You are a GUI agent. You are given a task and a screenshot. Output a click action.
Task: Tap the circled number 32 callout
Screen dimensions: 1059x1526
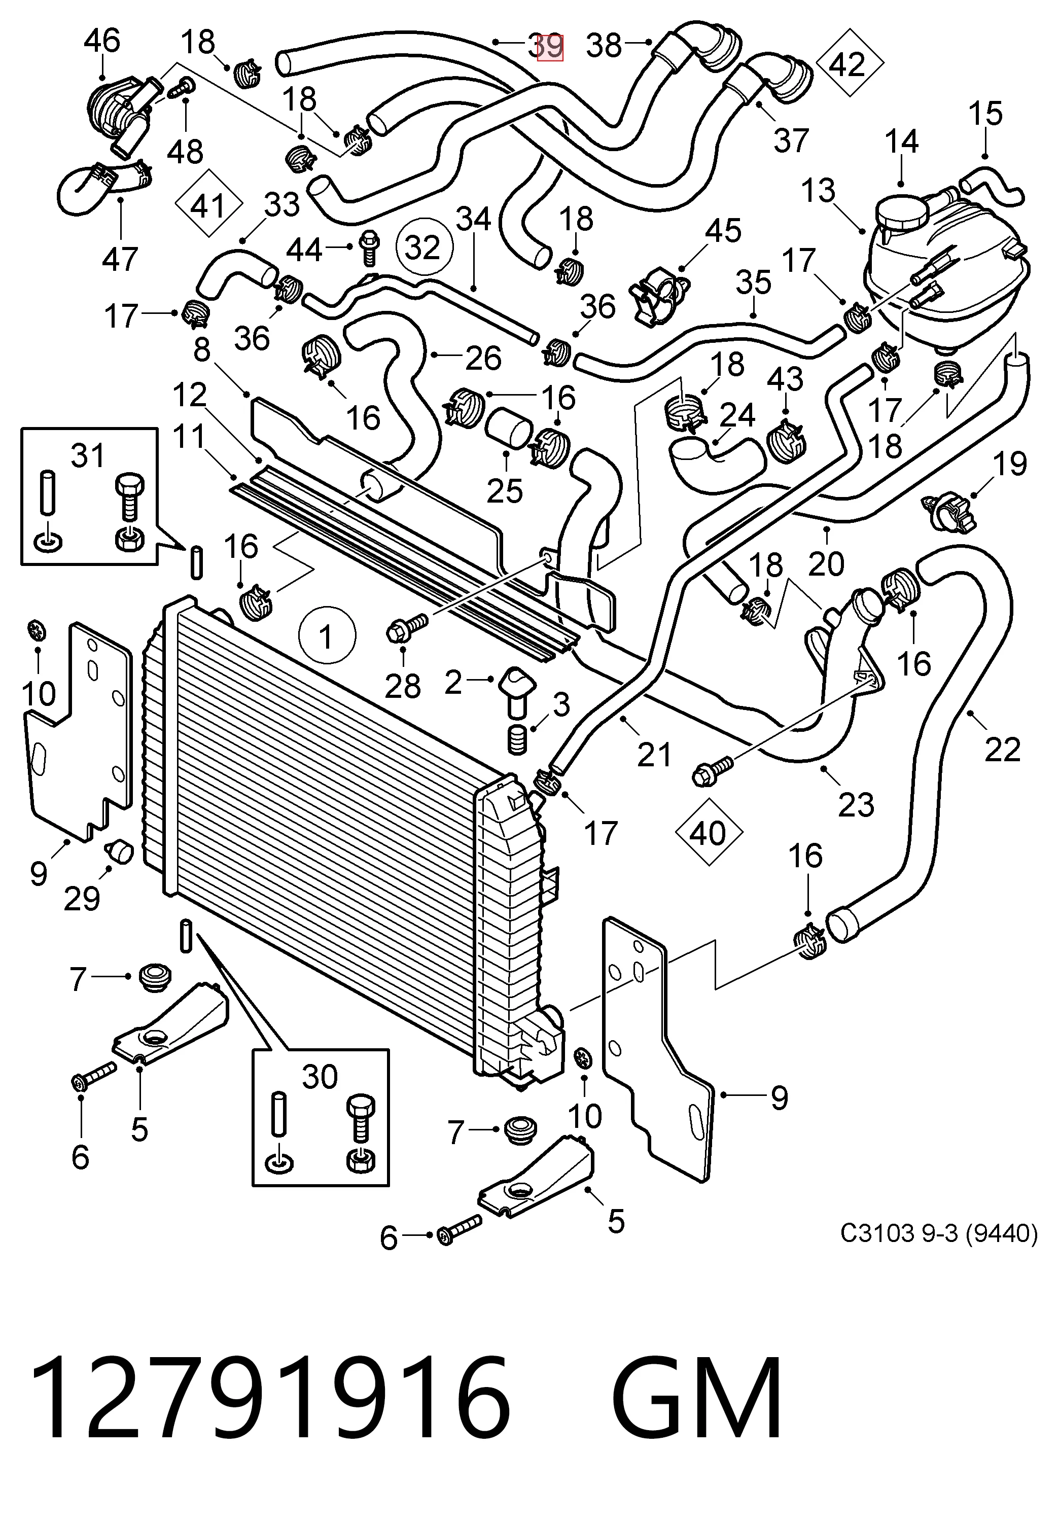423,248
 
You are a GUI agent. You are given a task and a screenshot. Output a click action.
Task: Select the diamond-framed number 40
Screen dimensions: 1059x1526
708,833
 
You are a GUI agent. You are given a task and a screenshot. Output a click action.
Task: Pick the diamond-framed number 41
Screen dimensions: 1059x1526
207,205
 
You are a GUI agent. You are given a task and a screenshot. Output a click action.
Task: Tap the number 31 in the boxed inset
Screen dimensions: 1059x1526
88,456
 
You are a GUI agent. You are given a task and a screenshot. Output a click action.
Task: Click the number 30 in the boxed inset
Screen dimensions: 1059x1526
320,1076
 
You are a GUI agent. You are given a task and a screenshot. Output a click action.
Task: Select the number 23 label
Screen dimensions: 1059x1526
856,805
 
